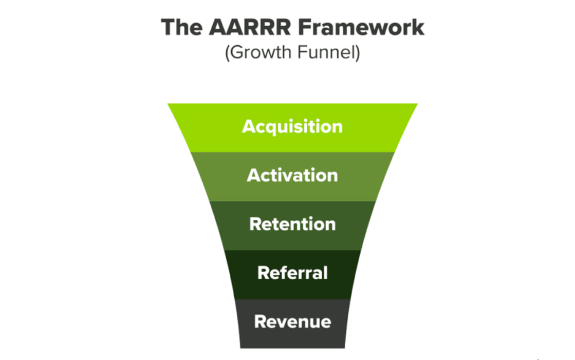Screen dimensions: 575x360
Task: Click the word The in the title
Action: pos(181,27)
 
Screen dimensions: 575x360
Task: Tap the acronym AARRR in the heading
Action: pos(250,27)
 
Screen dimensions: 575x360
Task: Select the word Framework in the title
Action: pos(361,27)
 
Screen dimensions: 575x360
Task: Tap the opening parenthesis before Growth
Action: pos(227,52)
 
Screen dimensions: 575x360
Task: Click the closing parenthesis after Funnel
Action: pos(358,52)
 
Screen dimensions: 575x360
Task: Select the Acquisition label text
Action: pos(292,127)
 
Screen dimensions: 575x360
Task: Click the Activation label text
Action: pos(292,175)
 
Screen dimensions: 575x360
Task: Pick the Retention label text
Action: pos(292,224)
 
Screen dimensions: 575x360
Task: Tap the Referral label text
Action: pos(292,273)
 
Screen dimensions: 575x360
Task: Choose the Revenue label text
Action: pos(292,321)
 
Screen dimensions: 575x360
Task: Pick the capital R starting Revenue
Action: pos(261,321)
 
